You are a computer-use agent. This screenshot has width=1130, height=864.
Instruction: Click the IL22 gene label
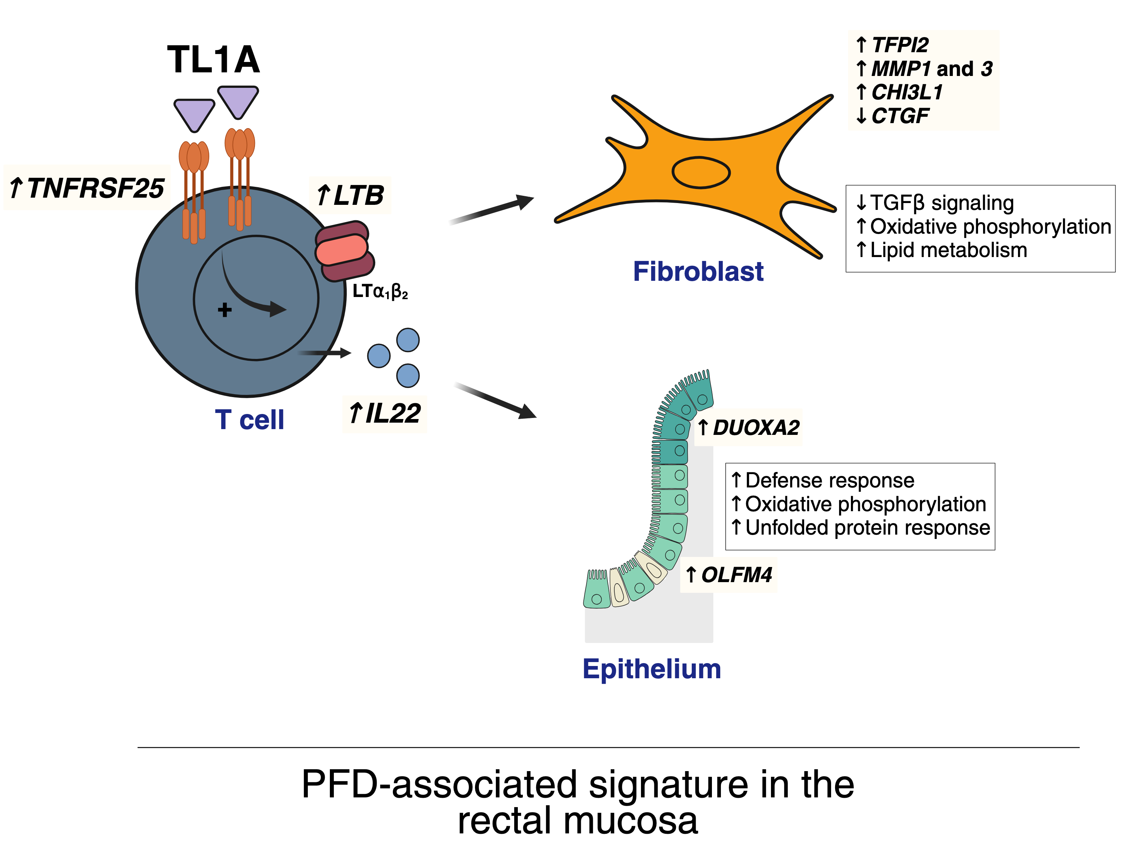pyautogui.click(x=385, y=414)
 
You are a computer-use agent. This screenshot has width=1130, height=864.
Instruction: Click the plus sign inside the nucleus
pyautogui.click(x=224, y=310)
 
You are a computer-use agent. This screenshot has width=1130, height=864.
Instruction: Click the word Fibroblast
pyautogui.click(x=698, y=271)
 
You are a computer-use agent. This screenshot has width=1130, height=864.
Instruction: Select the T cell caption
pyautogui.click(x=250, y=420)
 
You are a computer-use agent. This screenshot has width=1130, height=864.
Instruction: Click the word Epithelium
pyautogui.click(x=652, y=669)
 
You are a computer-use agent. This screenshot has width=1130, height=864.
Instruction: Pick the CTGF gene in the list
pyautogui.click(x=900, y=116)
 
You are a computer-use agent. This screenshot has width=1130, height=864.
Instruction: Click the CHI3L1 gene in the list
pyautogui.click(x=907, y=93)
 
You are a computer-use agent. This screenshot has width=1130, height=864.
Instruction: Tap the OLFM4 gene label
pyautogui.click(x=735, y=575)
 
